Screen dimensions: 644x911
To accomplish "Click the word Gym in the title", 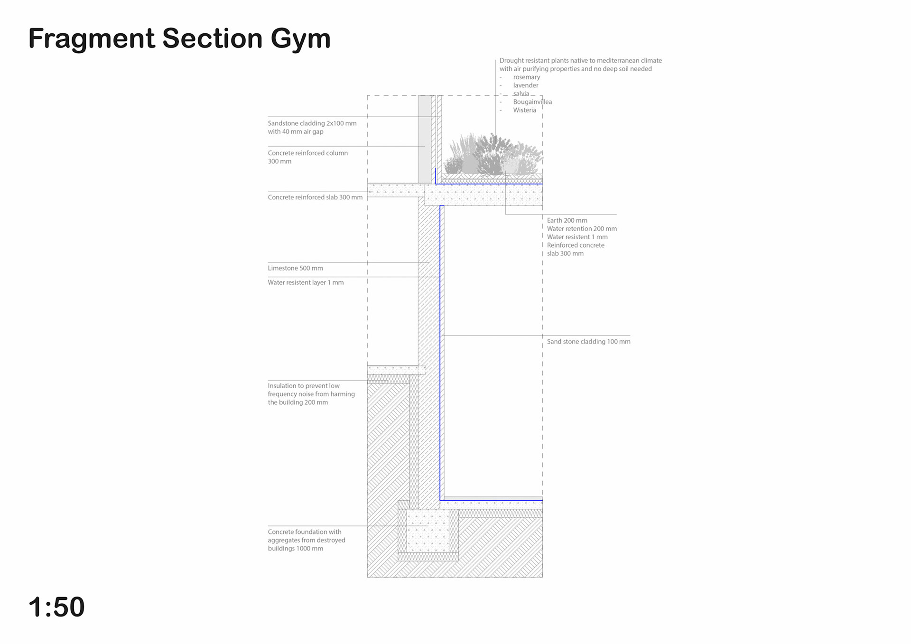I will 300,39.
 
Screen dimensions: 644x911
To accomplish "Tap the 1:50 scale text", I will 56,607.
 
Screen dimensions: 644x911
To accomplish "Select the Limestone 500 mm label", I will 295,268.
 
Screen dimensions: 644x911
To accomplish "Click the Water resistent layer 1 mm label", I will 306,282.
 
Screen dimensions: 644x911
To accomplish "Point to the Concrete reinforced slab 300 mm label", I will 315,197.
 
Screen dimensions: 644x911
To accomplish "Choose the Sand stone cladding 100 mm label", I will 588,342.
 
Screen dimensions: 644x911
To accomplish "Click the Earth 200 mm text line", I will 567,220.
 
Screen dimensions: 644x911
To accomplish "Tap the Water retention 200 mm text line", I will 582,229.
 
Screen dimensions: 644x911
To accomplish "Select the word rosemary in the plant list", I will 527,77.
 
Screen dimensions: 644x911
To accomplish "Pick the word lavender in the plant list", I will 526,85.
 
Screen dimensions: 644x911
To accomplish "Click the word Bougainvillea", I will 532,102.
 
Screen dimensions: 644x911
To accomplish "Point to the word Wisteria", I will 524,110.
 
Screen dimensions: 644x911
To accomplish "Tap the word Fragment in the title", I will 92,39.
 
